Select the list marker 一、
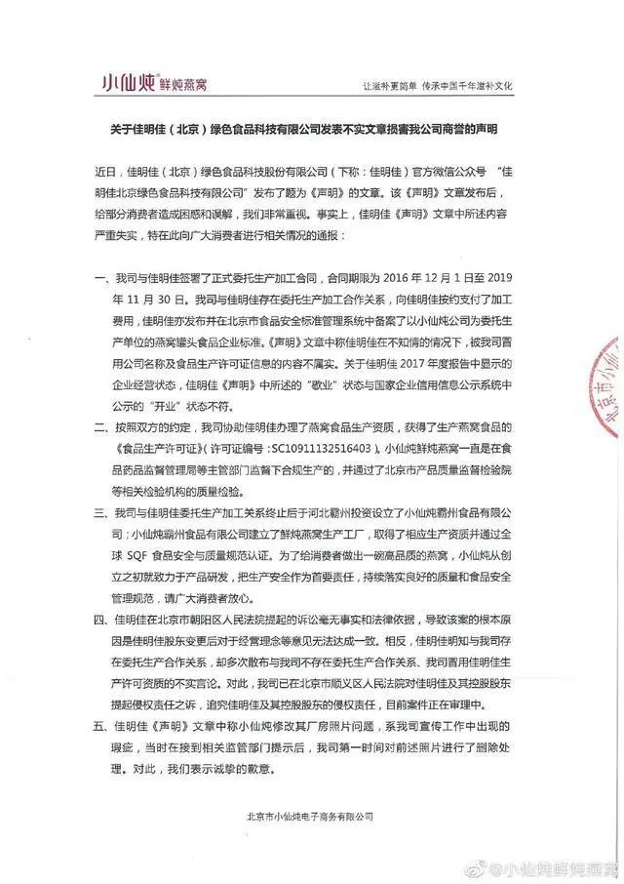click(97, 280)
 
